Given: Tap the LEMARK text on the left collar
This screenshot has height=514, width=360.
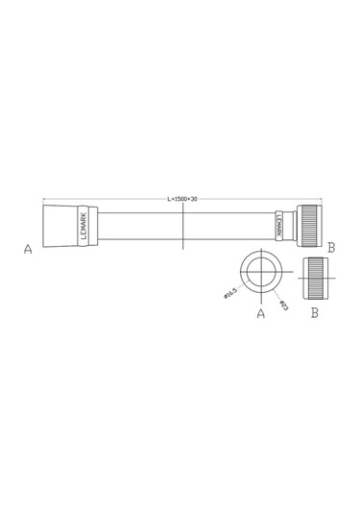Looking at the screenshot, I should [84, 227].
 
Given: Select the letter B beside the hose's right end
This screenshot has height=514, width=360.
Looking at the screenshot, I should [331, 247].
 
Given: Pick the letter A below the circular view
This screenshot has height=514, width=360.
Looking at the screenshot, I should [260, 313].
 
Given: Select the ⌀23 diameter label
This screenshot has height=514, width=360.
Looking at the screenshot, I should [285, 305].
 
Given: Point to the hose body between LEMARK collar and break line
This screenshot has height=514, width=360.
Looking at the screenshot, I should [134, 227].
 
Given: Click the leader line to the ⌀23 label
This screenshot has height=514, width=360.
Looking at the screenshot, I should [278, 294].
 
